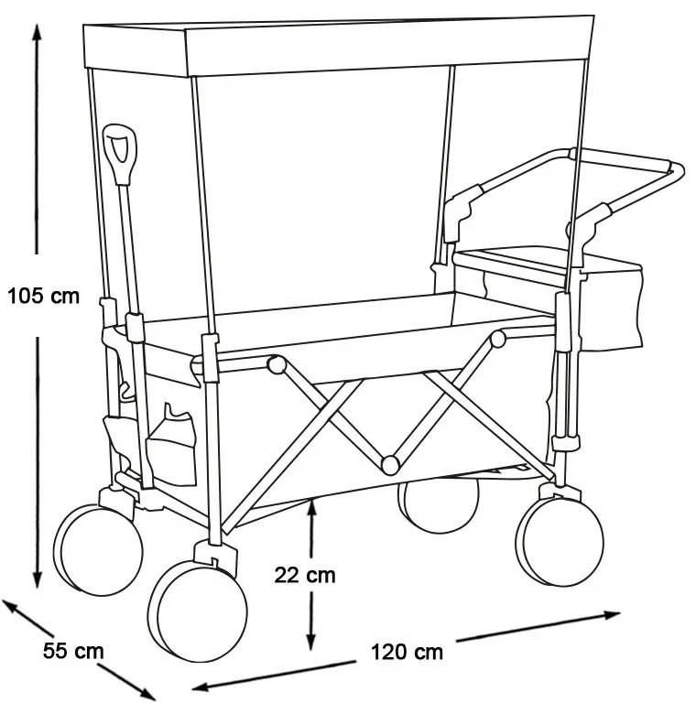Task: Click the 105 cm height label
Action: tap(44, 296)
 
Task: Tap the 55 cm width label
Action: tap(73, 650)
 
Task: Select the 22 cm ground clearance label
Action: tap(305, 576)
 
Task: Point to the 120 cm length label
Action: tap(407, 652)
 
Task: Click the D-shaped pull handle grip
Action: tap(119, 155)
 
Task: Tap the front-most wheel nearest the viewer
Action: tap(198, 611)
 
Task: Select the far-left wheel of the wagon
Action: tap(98, 549)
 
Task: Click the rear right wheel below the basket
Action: tap(560, 541)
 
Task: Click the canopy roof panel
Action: tap(339, 46)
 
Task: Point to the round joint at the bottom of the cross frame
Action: tap(390, 465)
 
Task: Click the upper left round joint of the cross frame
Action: tap(276, 364)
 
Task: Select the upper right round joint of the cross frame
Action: tap(498, 340)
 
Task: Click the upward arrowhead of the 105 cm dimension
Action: tap(38, 33)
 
